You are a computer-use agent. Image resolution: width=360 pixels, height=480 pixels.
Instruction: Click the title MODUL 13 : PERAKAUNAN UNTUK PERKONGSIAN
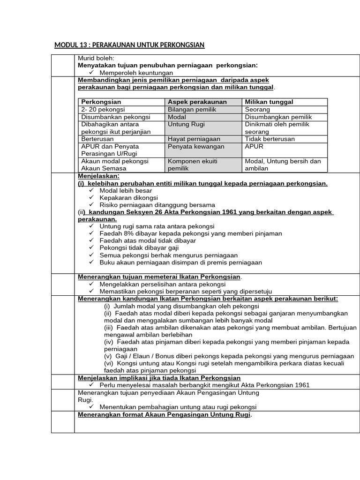[129, 45]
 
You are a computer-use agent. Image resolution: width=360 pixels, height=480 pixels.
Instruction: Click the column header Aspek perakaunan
[197, 102]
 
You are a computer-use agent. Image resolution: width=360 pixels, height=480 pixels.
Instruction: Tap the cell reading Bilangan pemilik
[191, 109]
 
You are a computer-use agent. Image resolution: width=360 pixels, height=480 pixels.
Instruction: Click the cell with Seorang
[257, 109]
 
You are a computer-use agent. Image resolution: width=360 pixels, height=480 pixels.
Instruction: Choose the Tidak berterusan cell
[270, 139]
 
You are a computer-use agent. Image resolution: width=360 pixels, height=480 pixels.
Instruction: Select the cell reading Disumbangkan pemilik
[278, 117]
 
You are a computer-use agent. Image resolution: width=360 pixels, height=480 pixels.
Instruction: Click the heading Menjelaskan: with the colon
[98, 176]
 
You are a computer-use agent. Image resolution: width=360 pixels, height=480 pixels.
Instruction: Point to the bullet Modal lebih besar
[126, 191]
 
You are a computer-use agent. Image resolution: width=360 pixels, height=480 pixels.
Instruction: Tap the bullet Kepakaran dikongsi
[128, 198]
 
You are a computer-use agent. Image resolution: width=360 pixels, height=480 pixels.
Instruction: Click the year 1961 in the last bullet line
[300, 385]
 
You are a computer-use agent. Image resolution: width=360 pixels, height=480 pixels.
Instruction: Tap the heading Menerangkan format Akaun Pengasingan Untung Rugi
[165, 415]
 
